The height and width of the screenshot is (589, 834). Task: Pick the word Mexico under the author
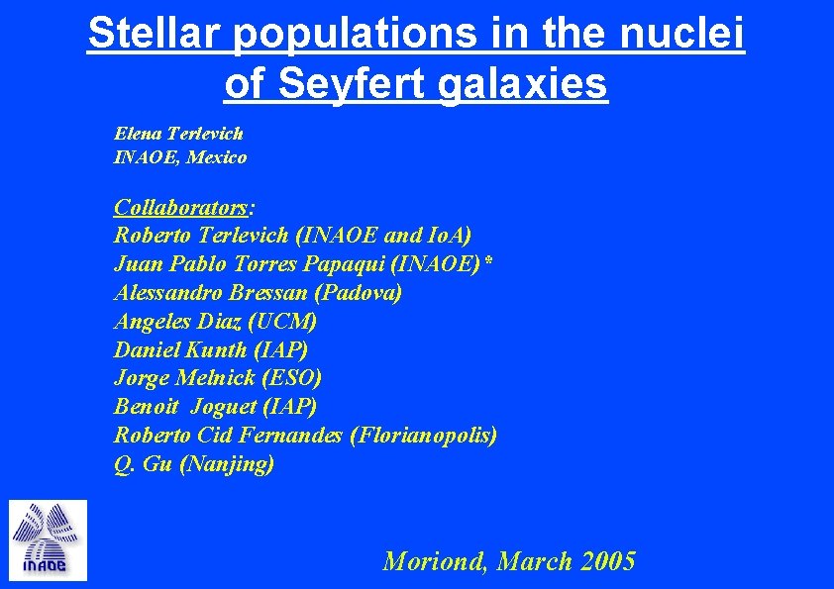[218, 156]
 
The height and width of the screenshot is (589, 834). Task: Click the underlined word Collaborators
[181, 207]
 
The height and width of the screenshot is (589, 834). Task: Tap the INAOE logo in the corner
[48, 540]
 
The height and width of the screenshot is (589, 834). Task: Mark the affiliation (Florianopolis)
[424, 435]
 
